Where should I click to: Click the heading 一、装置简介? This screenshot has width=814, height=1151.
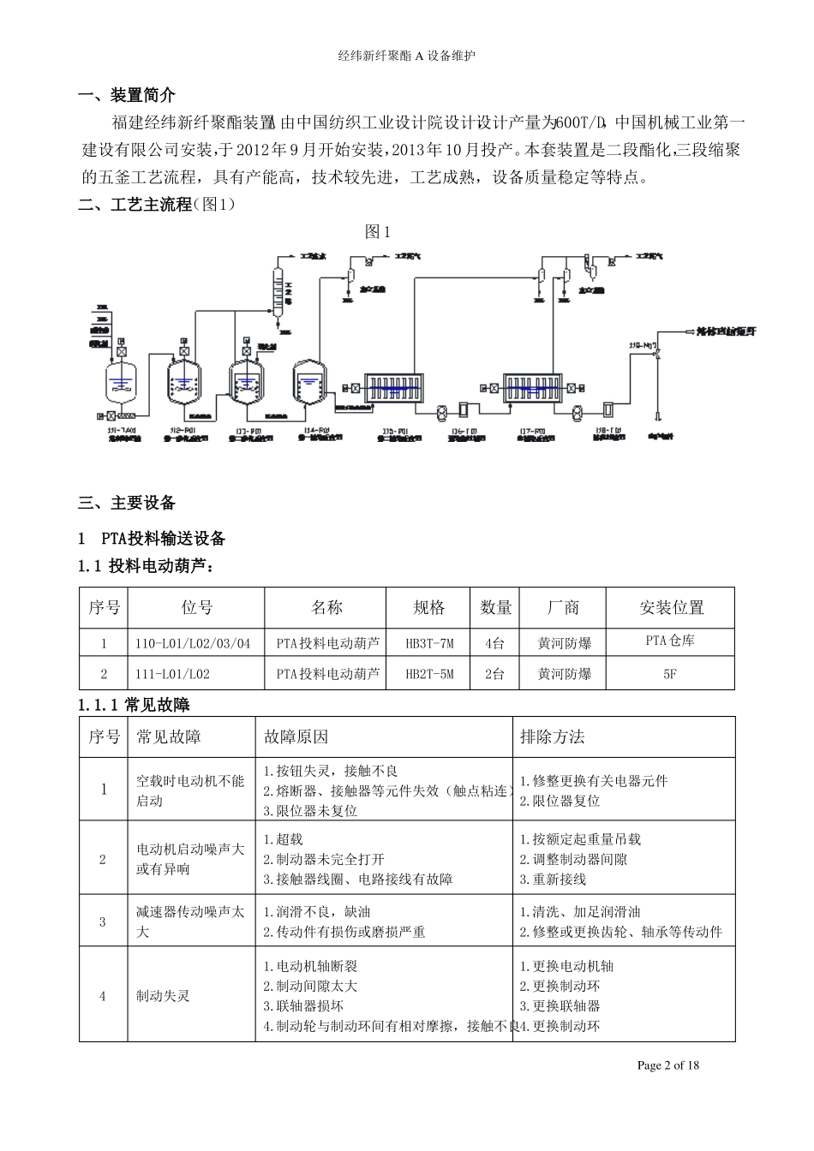coord(127,95)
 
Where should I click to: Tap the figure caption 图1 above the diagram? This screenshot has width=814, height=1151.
coord(378,231)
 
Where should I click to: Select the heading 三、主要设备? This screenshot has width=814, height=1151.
coord(127,503)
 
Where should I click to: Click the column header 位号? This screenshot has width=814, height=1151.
coord(196,608)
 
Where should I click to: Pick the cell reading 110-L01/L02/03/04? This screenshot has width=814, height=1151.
coord(193,643)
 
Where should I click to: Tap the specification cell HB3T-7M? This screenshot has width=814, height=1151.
coord(429,643)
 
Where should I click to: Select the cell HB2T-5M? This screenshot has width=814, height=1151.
coord(429,675)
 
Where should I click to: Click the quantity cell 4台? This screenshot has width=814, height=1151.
coord(495,643)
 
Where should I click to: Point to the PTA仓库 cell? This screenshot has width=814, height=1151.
coord(670,641)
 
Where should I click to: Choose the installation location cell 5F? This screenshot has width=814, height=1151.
coord(670,675)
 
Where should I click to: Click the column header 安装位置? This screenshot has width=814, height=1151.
coord(671,608)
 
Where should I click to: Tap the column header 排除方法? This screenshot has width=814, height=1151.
coord(553,737)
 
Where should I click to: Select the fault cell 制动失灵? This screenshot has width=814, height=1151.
coord(163,996)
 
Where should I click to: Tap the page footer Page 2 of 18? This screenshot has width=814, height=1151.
coord(668,1065)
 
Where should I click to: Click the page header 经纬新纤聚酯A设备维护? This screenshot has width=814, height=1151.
coord(407,56)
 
